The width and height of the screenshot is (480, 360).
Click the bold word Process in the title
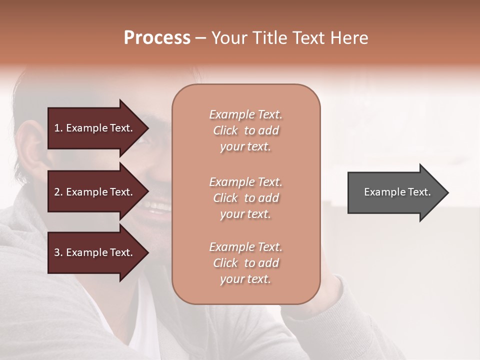[x=157, y=38]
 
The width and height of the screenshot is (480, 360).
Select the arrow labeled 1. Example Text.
[x=95, y=128]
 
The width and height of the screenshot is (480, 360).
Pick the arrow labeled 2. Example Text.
[x=95, y=192]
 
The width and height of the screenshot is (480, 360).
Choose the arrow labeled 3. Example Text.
[x=95, y=252]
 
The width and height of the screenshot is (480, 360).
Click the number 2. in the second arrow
[x=58, y=192]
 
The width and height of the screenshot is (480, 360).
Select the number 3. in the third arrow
[x=58, y=252]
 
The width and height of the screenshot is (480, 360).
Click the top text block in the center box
[x=245, y=130]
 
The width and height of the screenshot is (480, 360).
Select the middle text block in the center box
[x=245, y=198]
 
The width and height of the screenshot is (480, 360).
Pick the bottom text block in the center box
[x=245, y=263]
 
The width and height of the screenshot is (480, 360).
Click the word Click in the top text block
[x=225, y=130]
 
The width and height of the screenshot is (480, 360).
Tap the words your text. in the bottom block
[x=245, y=279]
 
